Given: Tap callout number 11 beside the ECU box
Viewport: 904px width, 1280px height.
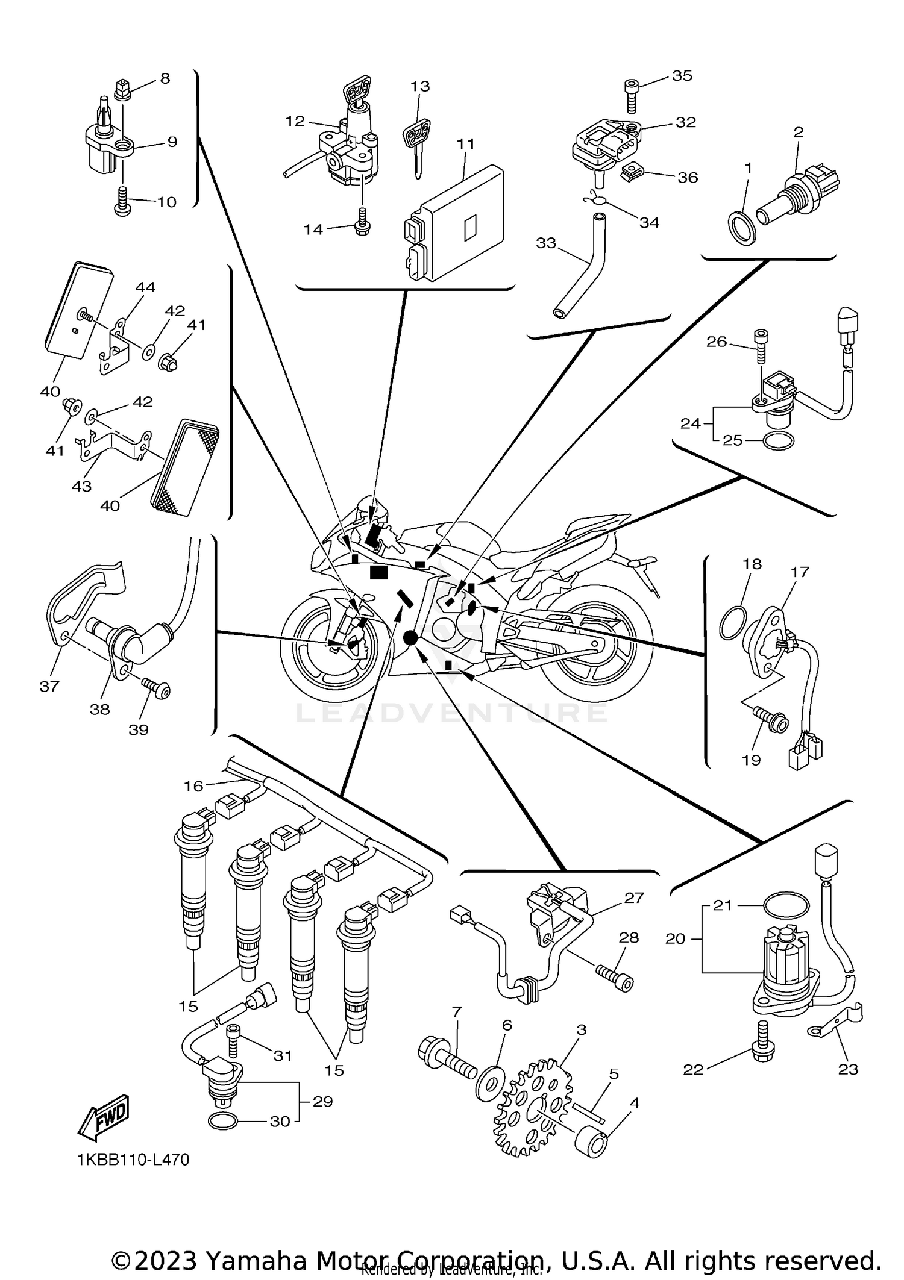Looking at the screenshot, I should (465, 144).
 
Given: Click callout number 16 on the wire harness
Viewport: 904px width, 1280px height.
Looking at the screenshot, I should (193, 785).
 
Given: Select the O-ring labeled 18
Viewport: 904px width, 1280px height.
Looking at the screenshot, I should (732, 622).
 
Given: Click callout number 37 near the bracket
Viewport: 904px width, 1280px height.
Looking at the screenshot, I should (49, 685).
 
